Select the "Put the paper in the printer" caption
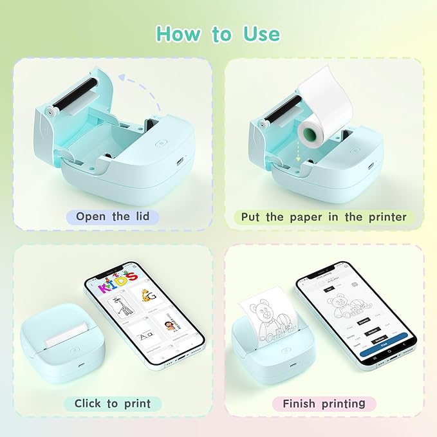[324, 217]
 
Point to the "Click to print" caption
[113, 404]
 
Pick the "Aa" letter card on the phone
[137, 342]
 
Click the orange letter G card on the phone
[149, 297]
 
